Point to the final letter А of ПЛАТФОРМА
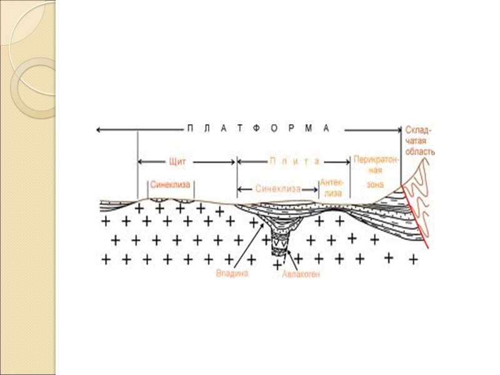tap(326, 129)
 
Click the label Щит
tap(178, 161)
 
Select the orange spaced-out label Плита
tap(294, 161)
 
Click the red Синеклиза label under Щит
tap(169, 185)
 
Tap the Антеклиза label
tap(332, 187)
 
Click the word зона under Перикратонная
tap(376, 186)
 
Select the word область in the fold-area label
tap(419, 151)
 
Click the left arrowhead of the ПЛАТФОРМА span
tap(99, 129)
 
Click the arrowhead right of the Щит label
tap(232, 161)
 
